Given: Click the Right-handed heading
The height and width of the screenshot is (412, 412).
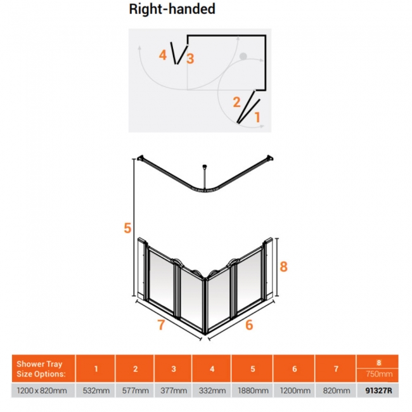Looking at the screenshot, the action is click(172, 9).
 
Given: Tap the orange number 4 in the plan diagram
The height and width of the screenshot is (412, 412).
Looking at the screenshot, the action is click(163, 55).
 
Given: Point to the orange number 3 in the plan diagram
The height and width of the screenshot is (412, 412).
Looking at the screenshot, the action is click(190, 58).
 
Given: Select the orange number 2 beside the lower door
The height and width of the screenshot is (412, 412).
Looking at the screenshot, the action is click(237, 102).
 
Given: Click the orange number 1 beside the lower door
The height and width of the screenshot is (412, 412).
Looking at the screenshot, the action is click(257, 117).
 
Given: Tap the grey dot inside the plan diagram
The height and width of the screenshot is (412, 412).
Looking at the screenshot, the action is click(243, 56).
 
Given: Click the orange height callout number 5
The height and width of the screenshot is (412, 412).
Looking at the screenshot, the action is click(127, 228).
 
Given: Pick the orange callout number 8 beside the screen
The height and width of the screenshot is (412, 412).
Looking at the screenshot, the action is click(283, 266).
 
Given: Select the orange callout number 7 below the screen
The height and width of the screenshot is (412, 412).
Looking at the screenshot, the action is click(161, 325).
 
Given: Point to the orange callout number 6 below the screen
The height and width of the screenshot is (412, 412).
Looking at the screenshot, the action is click(249, 325).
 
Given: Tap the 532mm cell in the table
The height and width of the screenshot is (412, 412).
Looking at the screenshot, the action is click(96, 390).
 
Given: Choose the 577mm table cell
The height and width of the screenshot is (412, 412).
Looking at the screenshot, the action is click(135, 390).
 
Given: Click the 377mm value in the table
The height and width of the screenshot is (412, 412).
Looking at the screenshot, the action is click(174, 390).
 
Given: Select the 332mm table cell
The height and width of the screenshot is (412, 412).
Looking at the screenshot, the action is click(212, 390).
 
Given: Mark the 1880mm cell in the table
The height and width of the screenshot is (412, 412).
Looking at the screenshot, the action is click(253, 390).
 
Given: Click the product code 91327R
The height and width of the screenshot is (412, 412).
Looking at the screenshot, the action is click(378, 390).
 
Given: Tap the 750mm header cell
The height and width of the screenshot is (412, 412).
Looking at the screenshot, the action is click(379, 373).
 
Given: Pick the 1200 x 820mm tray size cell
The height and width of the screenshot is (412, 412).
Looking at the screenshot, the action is click(42, 390).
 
